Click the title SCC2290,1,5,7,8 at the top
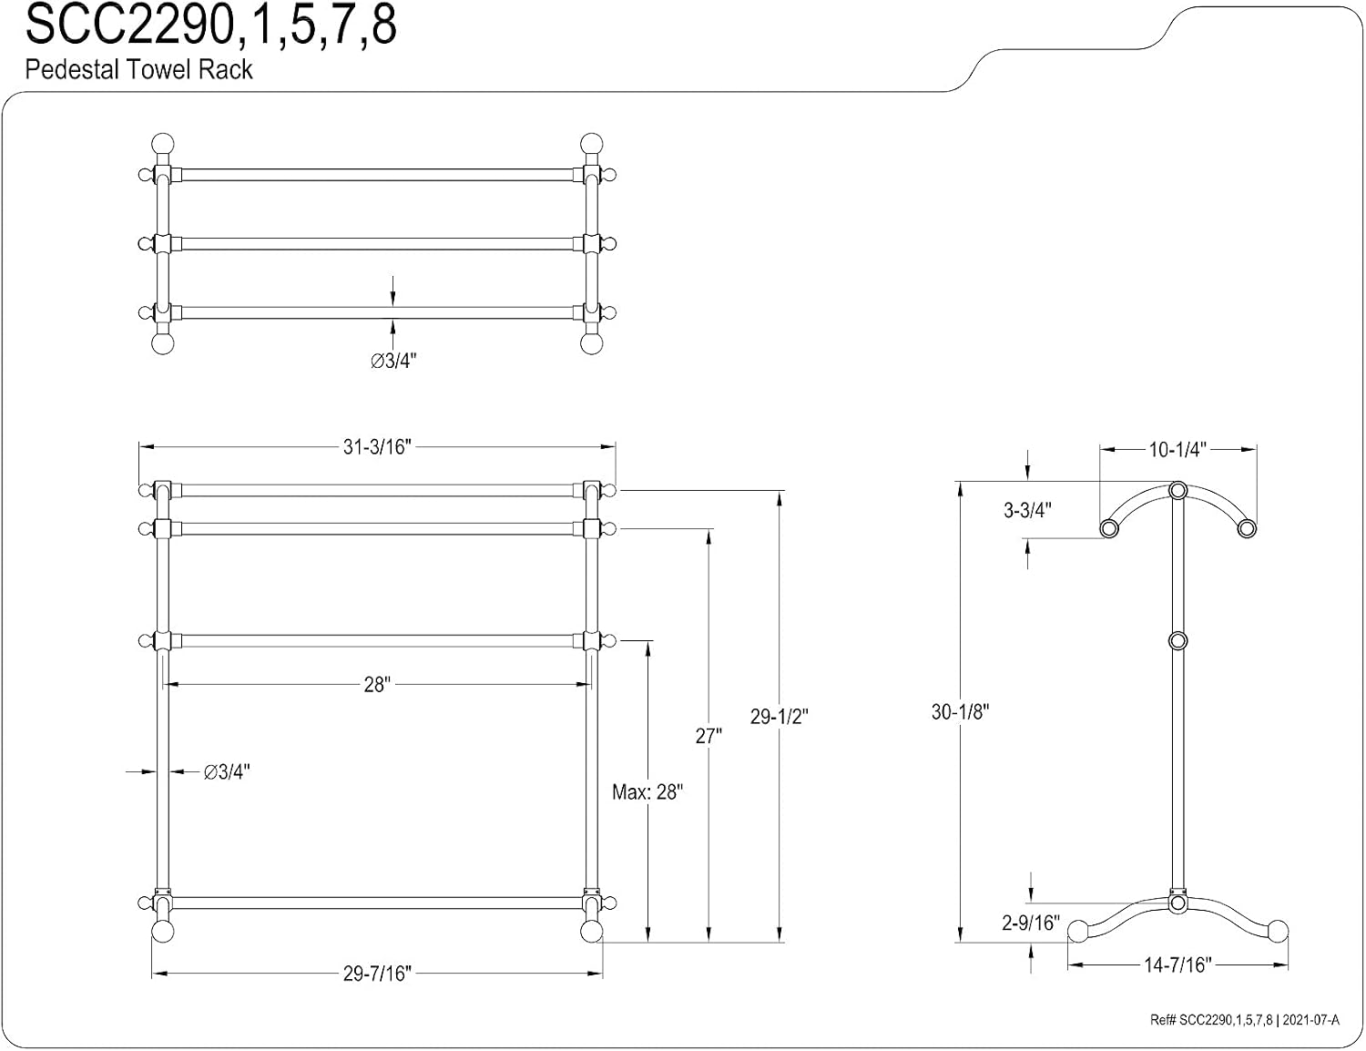point(210,26)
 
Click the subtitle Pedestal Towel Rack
point(138,69)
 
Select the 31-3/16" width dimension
point(377,447)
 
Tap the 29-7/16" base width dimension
point(377,974)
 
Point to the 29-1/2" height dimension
point(779,716)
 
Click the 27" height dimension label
point(708,736)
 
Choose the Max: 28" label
point(647,792)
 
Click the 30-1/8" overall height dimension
point(960,711)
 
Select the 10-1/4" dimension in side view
point(1177,449)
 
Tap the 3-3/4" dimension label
point(1027,510)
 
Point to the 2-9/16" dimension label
point(1030,923)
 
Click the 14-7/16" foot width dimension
point(1177,964)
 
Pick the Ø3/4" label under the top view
point(393,361)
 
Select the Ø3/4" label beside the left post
point(227,772)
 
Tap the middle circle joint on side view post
point(1178,640)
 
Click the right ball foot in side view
point(1278,931)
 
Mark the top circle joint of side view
point(1178,490)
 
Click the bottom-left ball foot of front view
point(163,931)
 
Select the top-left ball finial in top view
point(163,144)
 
